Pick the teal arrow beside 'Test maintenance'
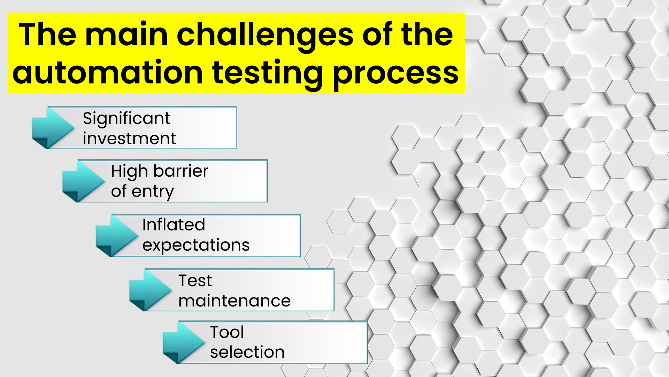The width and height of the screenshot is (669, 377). click(150, 290)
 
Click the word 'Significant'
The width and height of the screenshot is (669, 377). click(126, 119)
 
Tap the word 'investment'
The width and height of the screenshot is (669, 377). click(129, 138)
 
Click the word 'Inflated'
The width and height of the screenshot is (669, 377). click(174, 224)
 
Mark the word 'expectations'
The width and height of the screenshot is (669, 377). click(196, 245)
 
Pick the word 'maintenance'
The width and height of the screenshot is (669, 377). click(234, 301)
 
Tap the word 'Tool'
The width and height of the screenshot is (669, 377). click(227, 332)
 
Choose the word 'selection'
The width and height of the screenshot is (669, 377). click(247, 352)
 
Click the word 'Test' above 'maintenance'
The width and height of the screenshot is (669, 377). click(195, 281)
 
